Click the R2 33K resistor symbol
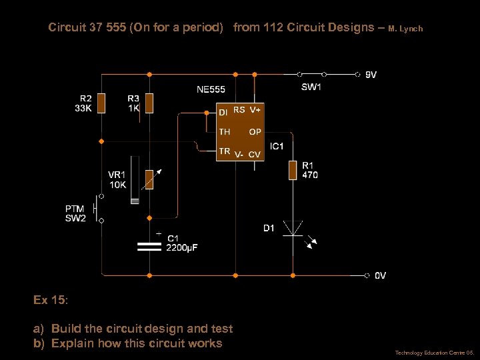pos(101,103)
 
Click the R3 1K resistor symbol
pos(149,103)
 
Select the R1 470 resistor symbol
pos(293,170)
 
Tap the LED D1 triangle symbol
pos(293,227)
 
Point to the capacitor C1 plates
pos(149,247)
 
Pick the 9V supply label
pos(371,75)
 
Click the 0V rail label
pos(379,275)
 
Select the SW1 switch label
pos(311,87)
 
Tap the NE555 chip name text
pos(211,89)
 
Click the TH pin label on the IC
pos(224,132)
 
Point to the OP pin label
pos(255,132)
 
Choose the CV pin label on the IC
pos(254,155)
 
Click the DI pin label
pos(223,111)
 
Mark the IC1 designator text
pos(277,145)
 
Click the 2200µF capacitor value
pos(182,248)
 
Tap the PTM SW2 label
pos(75,213)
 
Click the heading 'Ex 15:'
pos(51,300)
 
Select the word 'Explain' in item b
pos(71,343)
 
